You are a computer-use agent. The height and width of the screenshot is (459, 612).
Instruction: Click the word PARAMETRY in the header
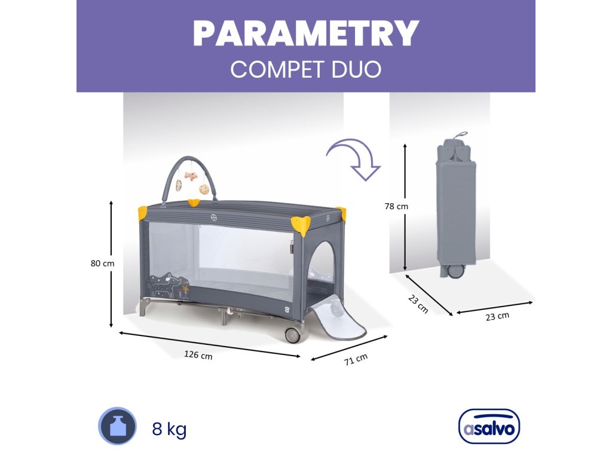(305, 34)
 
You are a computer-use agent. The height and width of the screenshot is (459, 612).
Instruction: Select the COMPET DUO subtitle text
(305, 69)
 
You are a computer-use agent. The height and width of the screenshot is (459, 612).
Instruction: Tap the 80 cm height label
(102, 263)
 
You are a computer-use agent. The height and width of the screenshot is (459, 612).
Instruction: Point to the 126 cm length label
(198, 354)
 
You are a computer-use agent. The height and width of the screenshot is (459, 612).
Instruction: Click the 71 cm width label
(356, 359)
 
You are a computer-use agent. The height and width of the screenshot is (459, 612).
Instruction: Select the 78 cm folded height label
(396, 206)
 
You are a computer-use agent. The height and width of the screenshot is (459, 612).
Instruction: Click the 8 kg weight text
(169, 429)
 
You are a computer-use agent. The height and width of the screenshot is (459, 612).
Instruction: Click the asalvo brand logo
(489, 427)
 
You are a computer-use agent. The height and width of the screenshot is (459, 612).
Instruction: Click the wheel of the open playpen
(292, 335)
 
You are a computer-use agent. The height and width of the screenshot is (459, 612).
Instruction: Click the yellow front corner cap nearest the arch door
(300, 224)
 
